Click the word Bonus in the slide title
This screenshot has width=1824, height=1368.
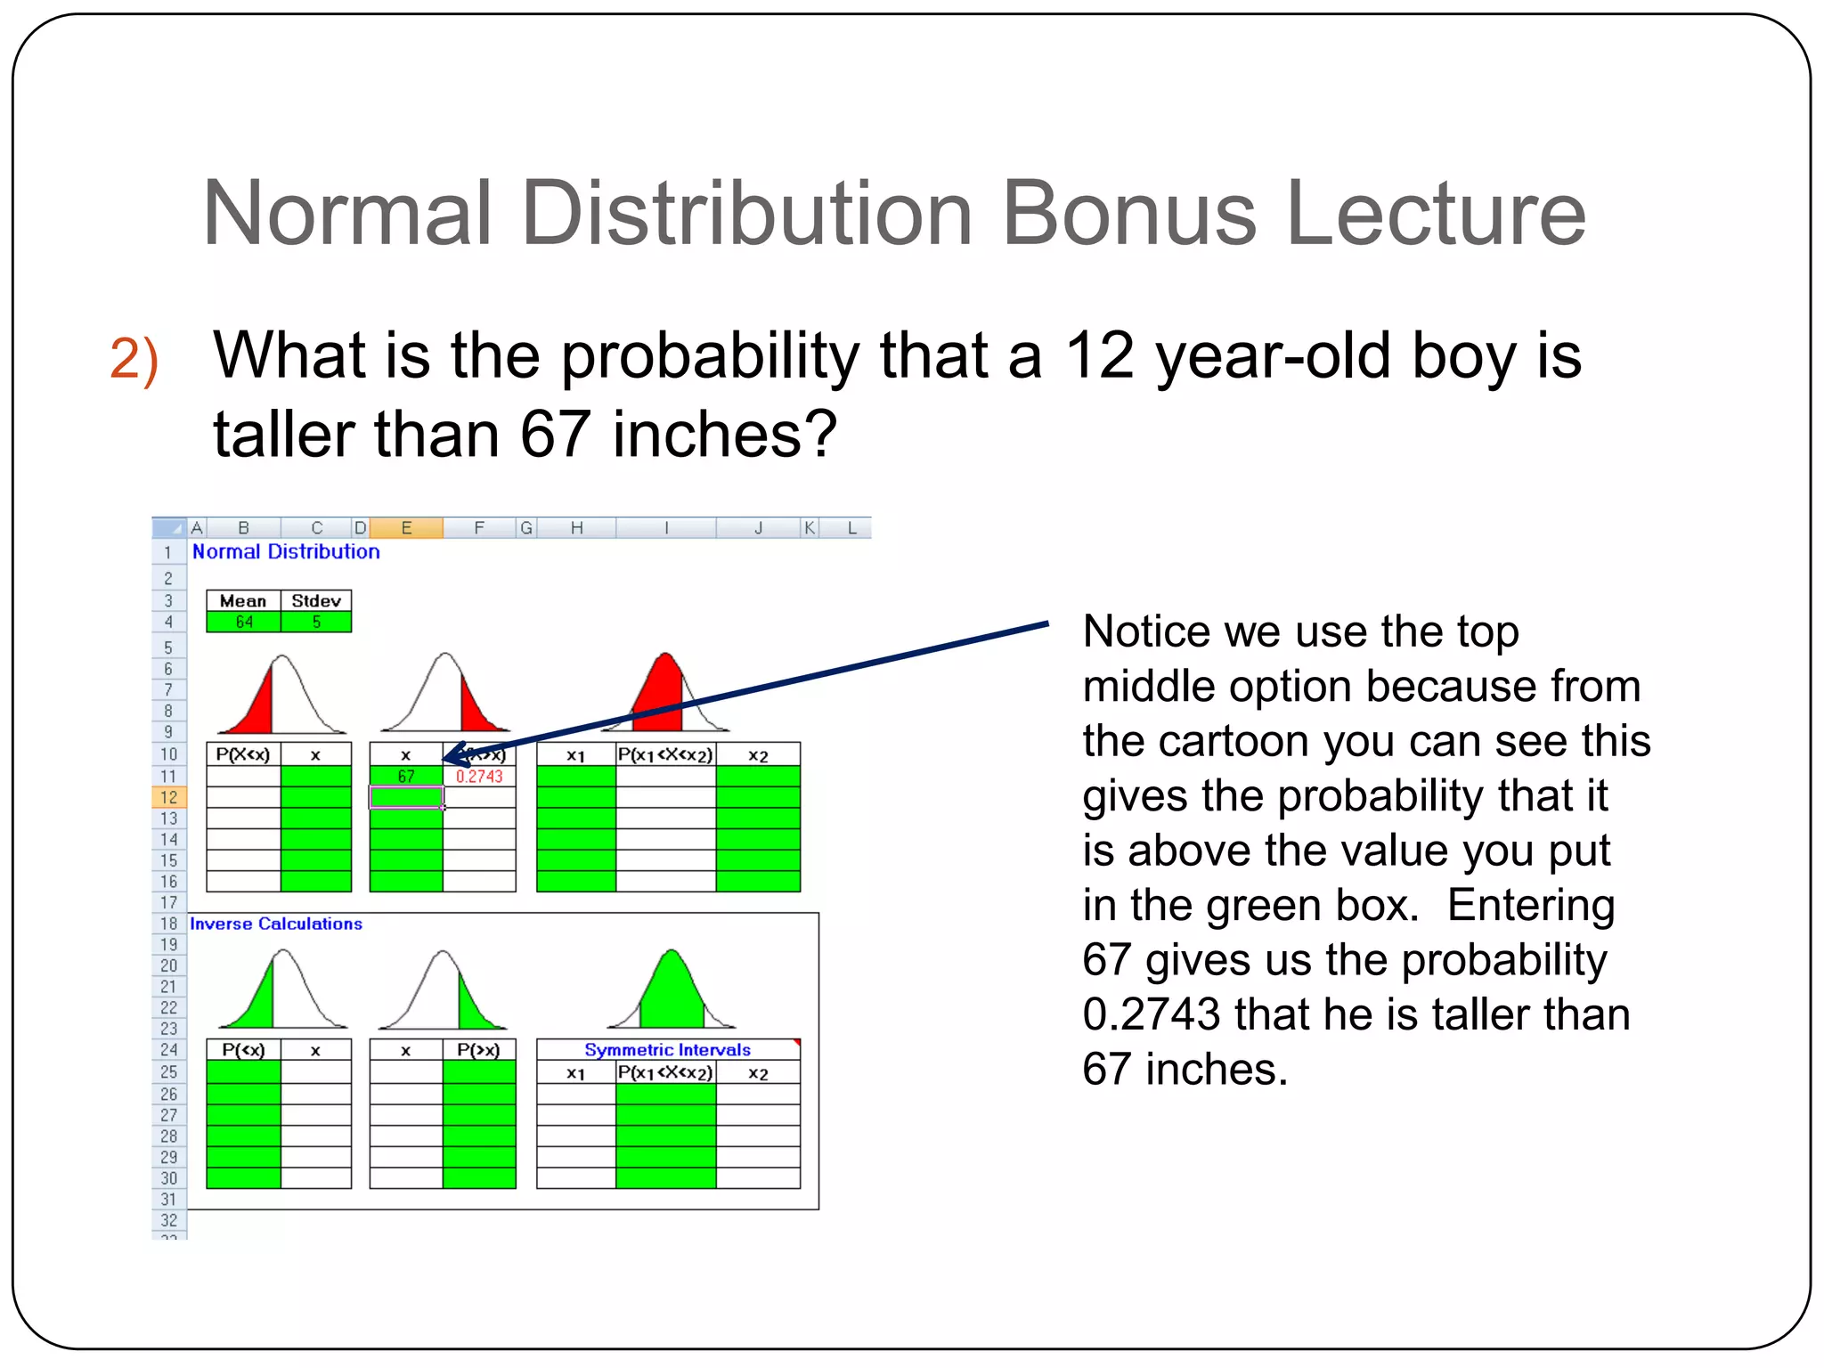pos(1129,214)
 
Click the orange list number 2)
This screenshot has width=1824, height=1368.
pos(134,360)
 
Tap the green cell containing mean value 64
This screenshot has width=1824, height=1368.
pos(243,622)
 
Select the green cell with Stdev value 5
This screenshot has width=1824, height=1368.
pos(316,622)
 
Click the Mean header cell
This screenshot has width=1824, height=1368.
pos(243,601)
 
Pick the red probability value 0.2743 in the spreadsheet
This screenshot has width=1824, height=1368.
pos(479,777)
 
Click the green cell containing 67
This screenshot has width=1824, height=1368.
pos(406,777)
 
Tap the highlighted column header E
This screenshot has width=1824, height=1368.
pos(406,528)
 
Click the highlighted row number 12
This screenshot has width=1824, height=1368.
pos(168,797)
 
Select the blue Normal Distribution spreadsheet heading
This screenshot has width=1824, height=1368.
pos(286,552)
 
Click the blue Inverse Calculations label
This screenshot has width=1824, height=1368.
pos(276,924)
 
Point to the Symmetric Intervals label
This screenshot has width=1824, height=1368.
pos(667,1050)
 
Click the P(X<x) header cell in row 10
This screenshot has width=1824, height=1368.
pos(243,755)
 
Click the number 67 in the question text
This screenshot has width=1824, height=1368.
pos(555,435)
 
